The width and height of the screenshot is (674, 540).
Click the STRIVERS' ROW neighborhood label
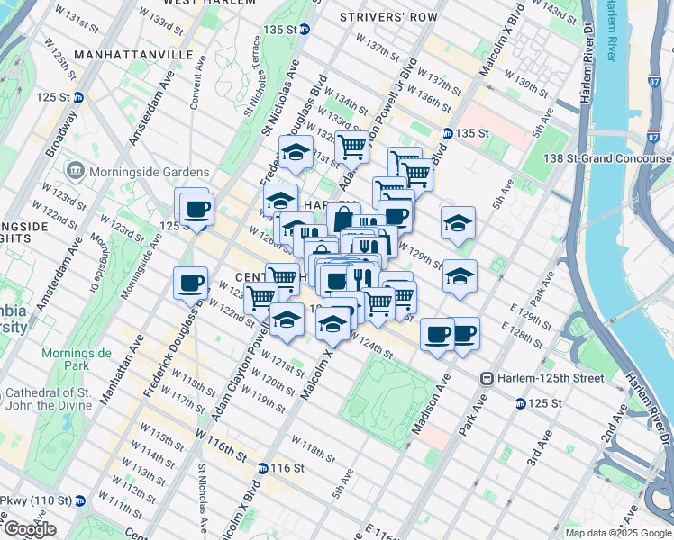point(388,17)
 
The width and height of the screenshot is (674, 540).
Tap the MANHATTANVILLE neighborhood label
point(133,55)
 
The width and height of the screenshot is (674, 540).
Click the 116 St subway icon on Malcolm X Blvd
point(262,468)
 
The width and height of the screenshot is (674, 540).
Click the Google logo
point(30,529)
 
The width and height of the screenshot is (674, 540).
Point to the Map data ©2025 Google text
point(617,533)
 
